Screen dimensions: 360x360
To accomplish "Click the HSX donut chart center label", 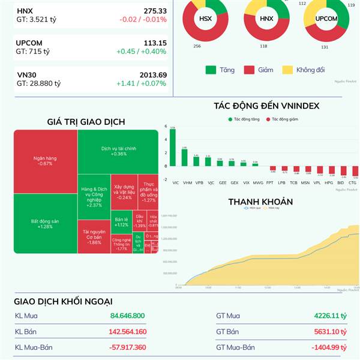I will click(205, 19).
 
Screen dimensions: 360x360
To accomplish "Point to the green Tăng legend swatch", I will click(210, 70).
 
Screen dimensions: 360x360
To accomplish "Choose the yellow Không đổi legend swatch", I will click(286, 70).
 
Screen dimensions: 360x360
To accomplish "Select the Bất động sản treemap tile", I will click(45, 223).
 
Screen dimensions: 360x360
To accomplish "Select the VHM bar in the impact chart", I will click(185, 157).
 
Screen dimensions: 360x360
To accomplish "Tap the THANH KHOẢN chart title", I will click(260, 202).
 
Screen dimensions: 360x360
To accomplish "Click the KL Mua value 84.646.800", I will click(128, 316).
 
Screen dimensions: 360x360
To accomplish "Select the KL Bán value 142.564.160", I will click(125, 332).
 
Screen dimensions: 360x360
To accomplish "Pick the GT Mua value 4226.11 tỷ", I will click(330, 316).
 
